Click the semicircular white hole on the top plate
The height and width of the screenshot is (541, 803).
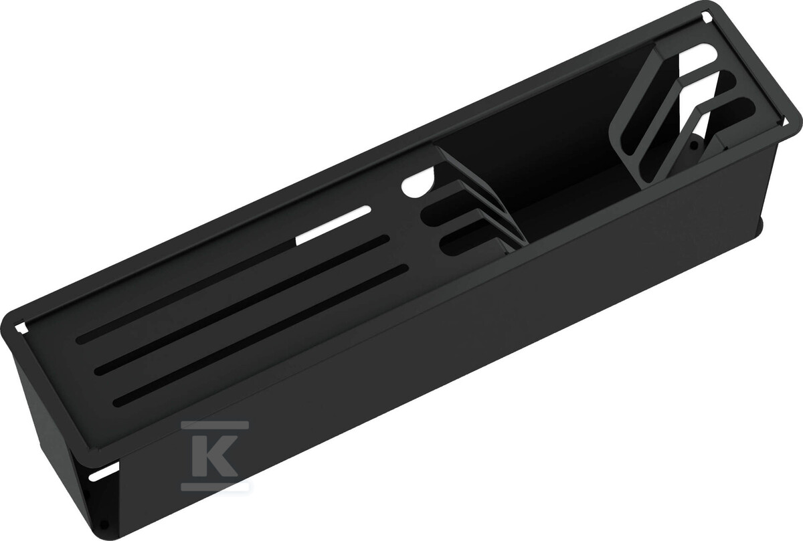[416, 185]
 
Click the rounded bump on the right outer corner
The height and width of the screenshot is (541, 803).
[761, 227]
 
